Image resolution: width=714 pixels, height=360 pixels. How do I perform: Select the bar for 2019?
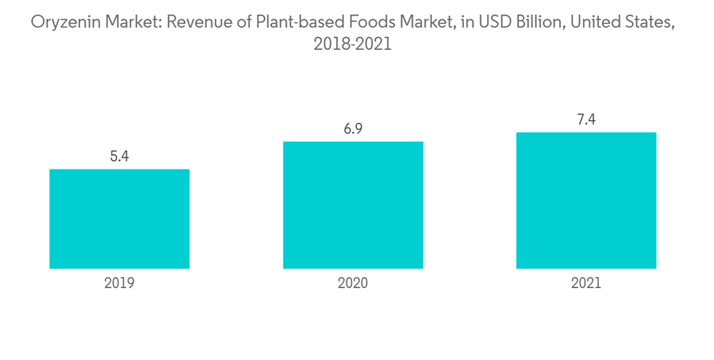[119, 219]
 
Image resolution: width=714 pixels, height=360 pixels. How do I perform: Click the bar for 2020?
[353, 205]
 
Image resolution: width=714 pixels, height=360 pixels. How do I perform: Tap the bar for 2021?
[586, 200]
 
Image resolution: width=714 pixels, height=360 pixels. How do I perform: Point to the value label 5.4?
[119, 156]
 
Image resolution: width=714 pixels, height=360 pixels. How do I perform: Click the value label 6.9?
[353, 129]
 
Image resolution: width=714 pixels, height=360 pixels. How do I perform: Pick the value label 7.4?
[586, 119]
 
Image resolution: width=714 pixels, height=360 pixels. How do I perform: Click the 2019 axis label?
[119, 283]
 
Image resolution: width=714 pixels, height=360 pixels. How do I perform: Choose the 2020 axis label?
[353, 283]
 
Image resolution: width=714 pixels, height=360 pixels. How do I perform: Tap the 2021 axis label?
[586, 283]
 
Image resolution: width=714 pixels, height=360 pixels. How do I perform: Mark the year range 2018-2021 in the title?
[353, 44]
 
